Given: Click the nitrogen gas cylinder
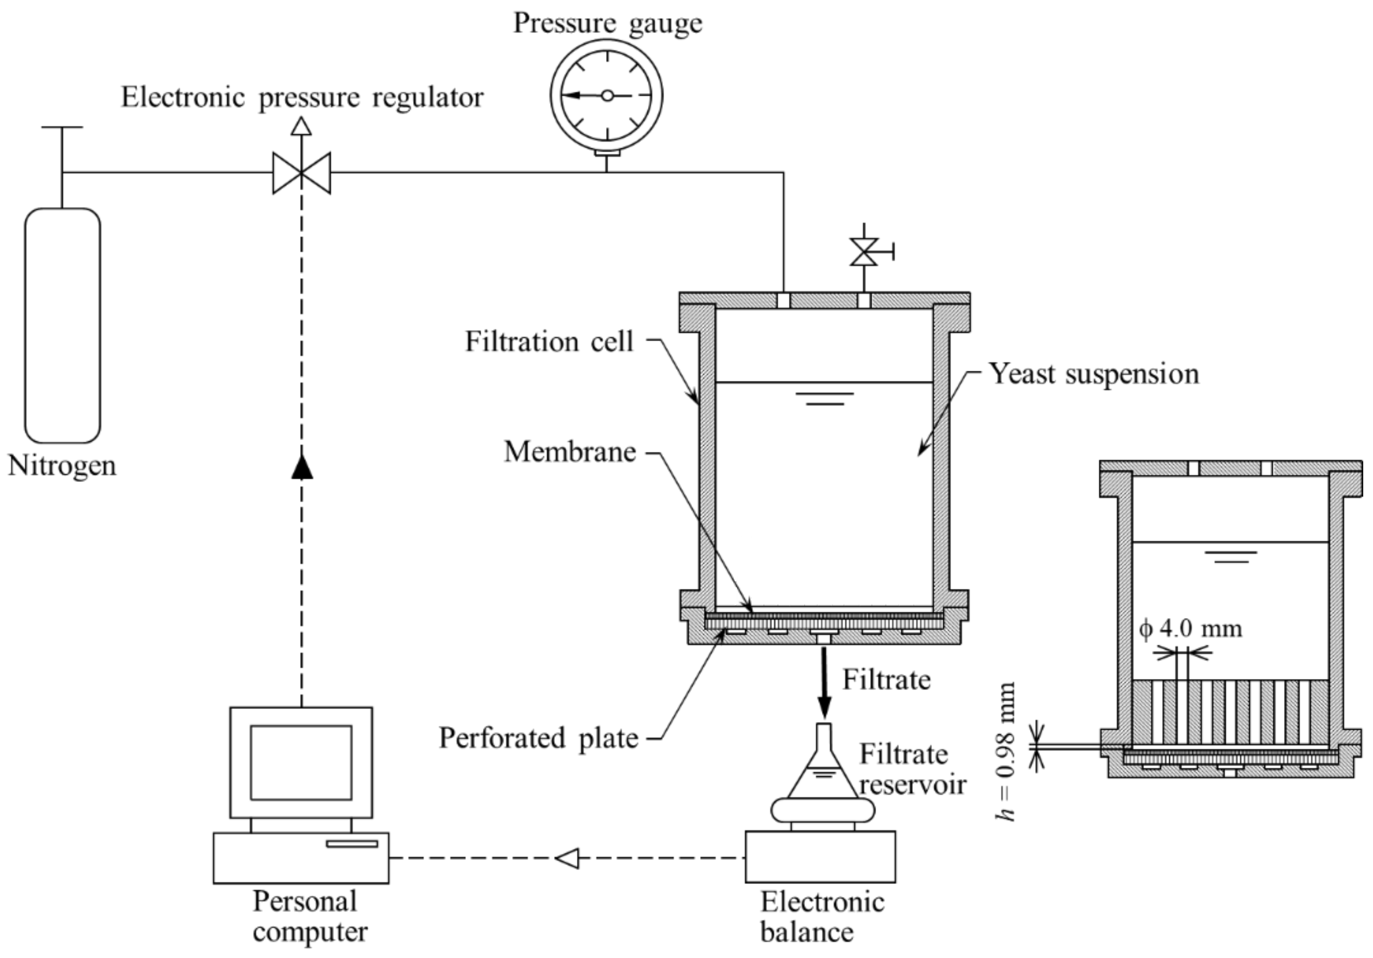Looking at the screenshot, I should pyautogui.click(x=63, y=326).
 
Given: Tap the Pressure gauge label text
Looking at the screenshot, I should pyautogui.click(x=607, y=24).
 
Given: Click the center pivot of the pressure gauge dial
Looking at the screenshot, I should pyautogui.click(x=607, y=95).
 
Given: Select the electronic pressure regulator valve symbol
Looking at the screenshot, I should pyautogui.click(x=301, y=173).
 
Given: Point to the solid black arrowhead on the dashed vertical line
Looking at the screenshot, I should pyautogui.click(x=302, y=466).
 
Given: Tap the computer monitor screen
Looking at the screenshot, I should pyautogui.click(x=301, y=763).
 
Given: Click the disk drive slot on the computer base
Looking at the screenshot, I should pyautogui.click(x=352, y=844).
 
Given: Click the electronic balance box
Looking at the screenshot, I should pyautogui.click(x=820, y=856).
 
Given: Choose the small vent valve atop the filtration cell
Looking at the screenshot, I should pyautogui.click(x=864, y=252).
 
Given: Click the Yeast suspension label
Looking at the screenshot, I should pyautogui.click(x=1093, y=374).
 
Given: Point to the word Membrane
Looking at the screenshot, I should pyautogui.click(x=570, y=452).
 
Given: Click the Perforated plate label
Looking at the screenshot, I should pyautogui.click(x=538, y=738).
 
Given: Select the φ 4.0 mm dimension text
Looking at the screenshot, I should pyautogui.click(x=1191, y=628).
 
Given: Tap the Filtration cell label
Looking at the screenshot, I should pyautogui.click(x=549, y=341).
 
